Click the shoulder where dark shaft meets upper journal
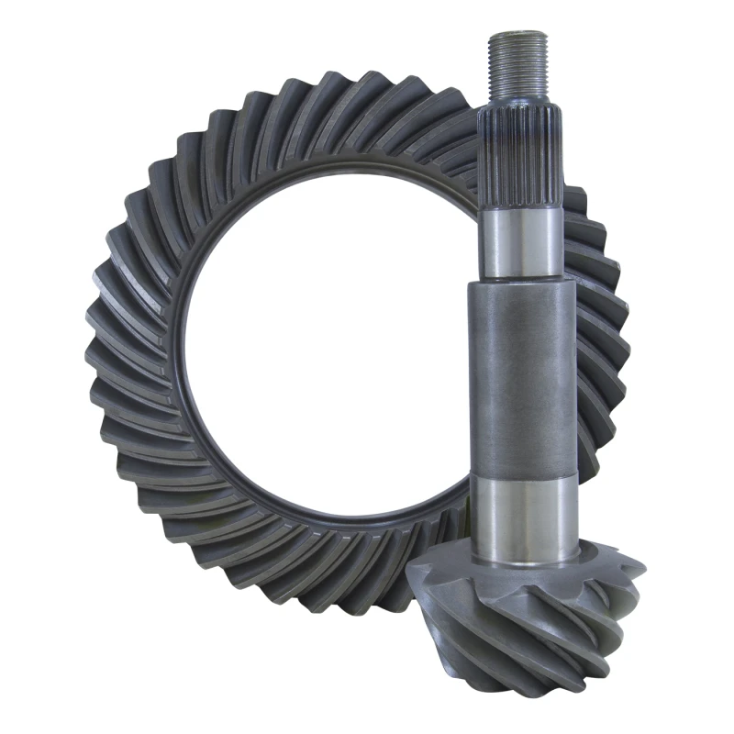519,281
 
